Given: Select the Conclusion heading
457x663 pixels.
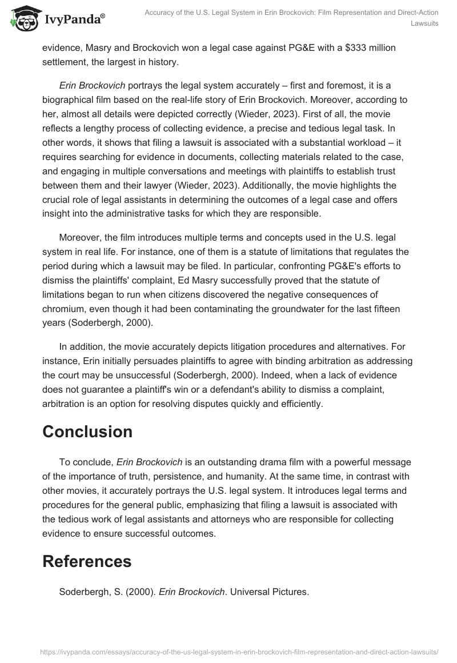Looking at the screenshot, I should click(87, 432).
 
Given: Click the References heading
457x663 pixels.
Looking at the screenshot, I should click(87, 562).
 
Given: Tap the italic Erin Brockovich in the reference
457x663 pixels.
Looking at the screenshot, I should click(191, 593).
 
